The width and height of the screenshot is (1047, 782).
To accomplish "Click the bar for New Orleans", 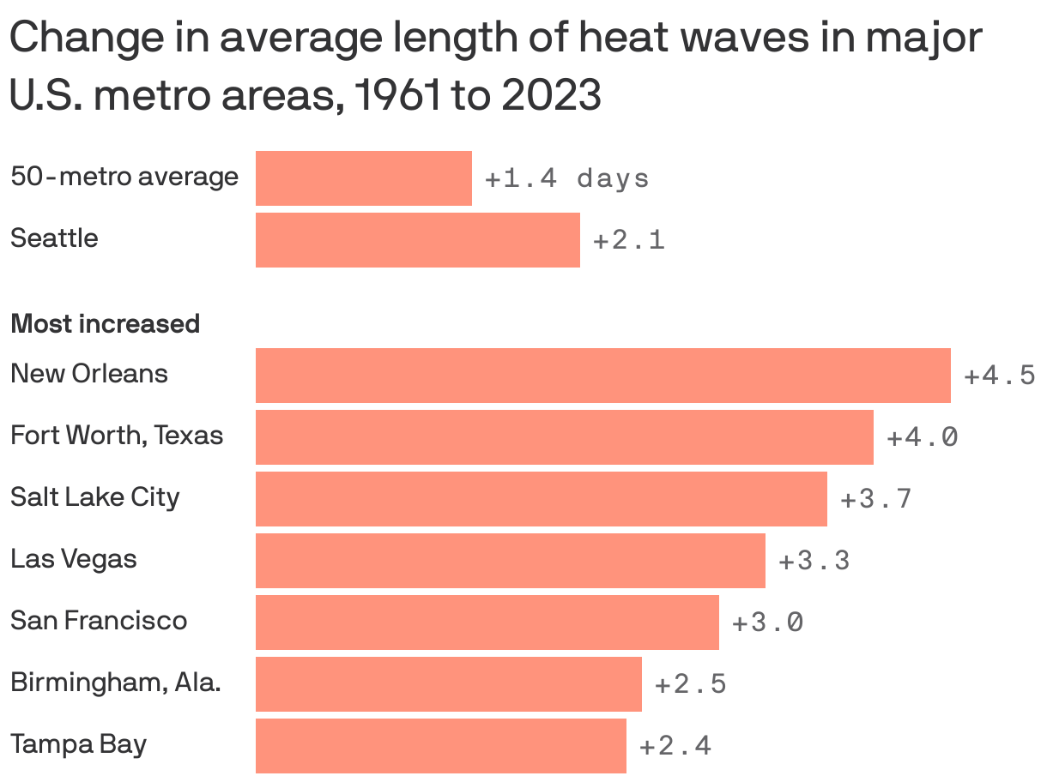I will click(x=602, y=375).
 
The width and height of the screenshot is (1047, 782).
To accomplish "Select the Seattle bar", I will click(x=417, y=240).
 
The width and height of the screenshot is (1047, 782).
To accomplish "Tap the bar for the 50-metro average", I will click(x=363, y=178).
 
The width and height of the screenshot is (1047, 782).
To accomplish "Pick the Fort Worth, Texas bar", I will click(x=564, y=437).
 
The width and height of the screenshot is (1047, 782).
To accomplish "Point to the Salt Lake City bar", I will click(x=541, y=499).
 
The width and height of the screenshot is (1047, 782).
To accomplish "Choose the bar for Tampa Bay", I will click(x=440, y=746).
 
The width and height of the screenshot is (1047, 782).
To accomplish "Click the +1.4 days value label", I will click(x=566, y=178).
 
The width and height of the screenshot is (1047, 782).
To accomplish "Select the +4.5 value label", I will click(x=1000, y=376).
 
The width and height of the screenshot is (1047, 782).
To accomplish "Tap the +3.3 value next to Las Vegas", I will click(x=814, y=561).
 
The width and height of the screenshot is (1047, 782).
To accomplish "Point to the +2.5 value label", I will click(x=690, y=684).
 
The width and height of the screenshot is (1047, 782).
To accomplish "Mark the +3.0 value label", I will click(x=767, y=623).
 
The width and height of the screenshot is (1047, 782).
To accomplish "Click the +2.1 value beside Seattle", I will click(x=628, y=240).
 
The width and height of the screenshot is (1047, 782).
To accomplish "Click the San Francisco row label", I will click(x=99, y=620).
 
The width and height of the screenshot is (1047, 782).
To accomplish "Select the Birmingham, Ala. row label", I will click(x=116, y=683).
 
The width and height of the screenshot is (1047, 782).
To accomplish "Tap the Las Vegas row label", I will click(x=74, y=559).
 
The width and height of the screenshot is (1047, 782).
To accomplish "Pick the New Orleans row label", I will click(x=89, y=374).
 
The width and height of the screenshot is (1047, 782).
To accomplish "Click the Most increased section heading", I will click(x=105, y=324).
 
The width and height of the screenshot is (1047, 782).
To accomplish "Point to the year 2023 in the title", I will click(x=551, y=96).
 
